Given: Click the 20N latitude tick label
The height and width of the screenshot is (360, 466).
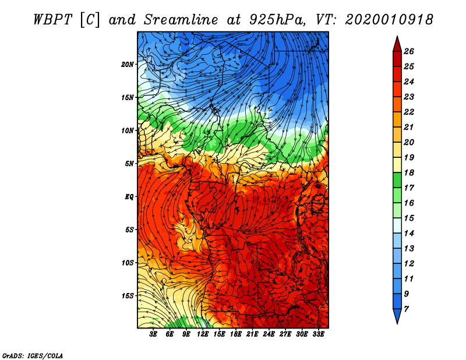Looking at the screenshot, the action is tap(128, 64).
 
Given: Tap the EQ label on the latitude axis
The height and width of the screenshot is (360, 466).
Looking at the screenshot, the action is tap(129, 196).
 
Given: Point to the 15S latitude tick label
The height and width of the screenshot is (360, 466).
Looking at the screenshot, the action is tap(128, 296).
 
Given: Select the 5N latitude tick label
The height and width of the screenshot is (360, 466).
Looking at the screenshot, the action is tap(129, 164).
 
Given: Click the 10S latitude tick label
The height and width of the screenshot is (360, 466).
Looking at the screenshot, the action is tap(128, 263).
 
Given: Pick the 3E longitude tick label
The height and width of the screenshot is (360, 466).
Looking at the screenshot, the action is tap(153, 334).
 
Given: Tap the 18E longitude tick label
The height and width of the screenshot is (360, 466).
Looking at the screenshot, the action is tap(236, 334).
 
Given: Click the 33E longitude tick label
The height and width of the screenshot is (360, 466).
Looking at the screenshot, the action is tap(318, 334).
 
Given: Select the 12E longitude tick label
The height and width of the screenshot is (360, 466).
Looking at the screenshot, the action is tap(203, 334).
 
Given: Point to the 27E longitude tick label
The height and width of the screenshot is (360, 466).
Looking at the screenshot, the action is tap(285, 334).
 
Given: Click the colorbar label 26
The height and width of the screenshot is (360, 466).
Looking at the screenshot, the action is tap(409, 51).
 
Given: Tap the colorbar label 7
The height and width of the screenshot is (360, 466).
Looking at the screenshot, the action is tap(406, 309).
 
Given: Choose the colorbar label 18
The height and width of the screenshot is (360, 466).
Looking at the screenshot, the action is tap(409, 172).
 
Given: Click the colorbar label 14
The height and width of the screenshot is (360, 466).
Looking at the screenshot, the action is tap(409, 234).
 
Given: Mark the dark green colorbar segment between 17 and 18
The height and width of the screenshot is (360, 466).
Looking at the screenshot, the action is tap(397, 180).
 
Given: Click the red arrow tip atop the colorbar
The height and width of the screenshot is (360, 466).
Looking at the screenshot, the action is tap(397, 36).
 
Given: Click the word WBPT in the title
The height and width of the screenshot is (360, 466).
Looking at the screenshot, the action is tap(53, 20).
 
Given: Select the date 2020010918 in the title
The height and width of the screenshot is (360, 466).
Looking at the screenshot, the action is tap(389, 20).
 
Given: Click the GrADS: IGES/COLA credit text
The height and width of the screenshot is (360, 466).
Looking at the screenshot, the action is tap(33, 355).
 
